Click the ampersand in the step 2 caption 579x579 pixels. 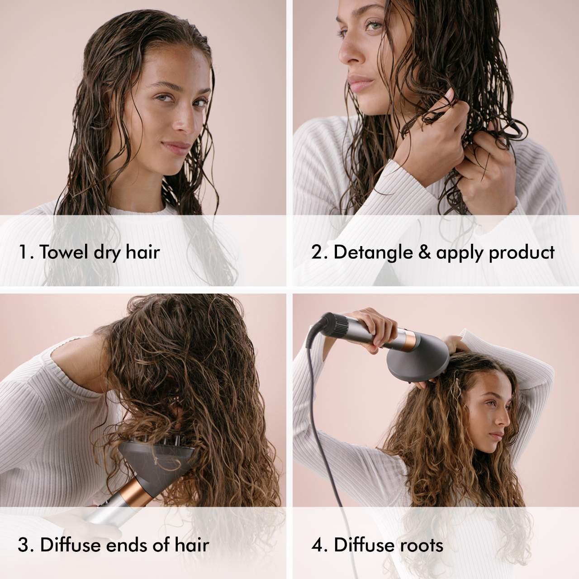422,252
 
